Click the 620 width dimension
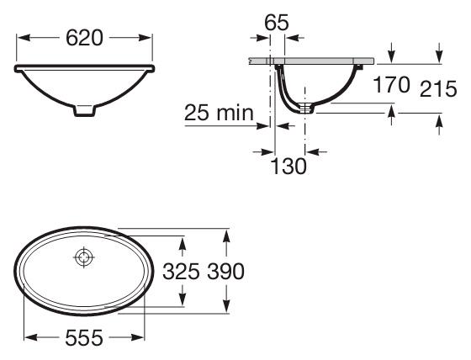(84, 38)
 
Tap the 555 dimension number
(84, 337)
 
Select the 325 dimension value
(181, 272)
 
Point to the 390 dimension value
(225, 272)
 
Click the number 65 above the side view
(277, 22)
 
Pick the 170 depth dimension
(391, 85)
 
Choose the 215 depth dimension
(438, 89)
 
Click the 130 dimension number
(288, 167)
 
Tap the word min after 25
(235, 113)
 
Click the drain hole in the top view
(84, 257)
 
